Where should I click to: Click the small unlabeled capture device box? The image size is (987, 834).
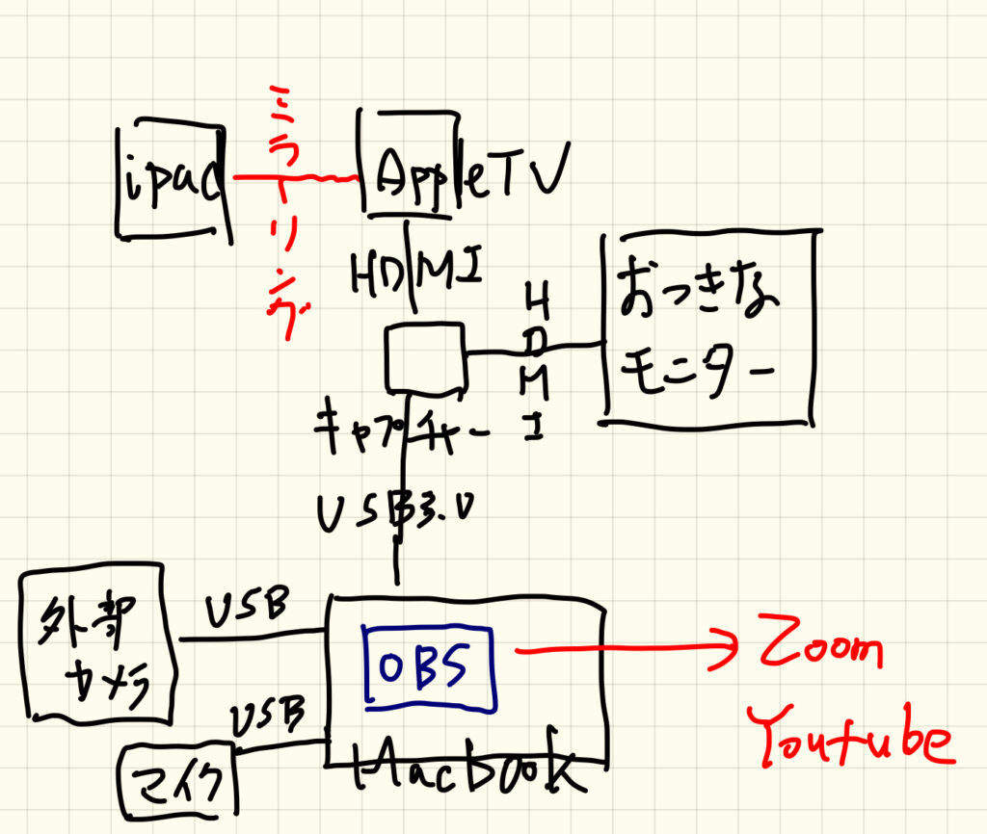[425, 357]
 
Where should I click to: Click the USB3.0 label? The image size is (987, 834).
[403, 513]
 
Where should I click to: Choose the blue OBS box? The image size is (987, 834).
[428, 665]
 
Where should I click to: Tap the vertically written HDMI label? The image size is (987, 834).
[539, 355]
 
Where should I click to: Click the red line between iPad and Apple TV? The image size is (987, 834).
[294, 178]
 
